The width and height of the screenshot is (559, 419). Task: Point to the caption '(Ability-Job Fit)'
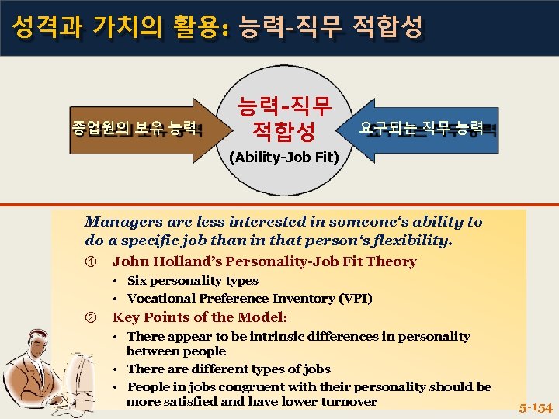(283, 158)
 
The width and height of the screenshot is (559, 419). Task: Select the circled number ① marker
(90, 262)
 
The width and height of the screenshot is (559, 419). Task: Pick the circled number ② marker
(90, 317)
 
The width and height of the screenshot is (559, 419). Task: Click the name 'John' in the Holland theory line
(129, 262)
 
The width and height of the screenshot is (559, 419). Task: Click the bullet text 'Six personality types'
(193, 281)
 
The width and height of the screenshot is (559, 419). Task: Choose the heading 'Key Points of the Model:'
(200, 317)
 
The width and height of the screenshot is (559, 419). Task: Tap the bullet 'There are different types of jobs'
(228, 369)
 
